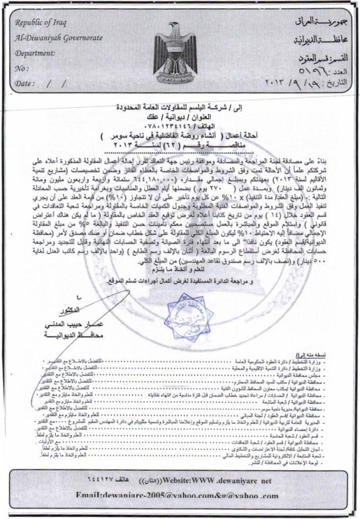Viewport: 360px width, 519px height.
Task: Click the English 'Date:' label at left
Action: [x=24, y=83]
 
